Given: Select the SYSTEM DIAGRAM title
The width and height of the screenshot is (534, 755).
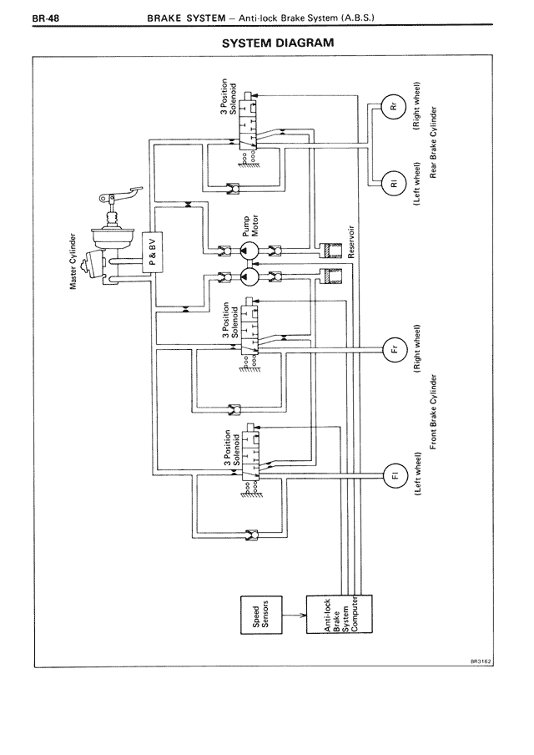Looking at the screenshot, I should [277, 42].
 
